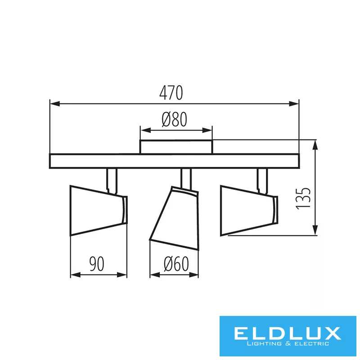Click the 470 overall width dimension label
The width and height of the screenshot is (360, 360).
(x=171, y=93)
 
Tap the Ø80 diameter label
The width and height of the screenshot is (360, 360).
(x=174, y=119)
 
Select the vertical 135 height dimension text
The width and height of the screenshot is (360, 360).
(x=303, y=198)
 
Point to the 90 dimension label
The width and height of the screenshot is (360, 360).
(x=97, y=264)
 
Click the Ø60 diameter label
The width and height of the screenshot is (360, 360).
(x=176, y=264)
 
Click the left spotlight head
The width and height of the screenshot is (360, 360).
(x=99, y=211)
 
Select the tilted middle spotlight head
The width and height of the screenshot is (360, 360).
(x=174, y=218)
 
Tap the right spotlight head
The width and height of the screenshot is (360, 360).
(x=249, y=211)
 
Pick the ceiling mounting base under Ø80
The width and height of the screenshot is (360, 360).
(x=176, y=147)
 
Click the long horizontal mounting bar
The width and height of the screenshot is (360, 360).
(x=174, y=161)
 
